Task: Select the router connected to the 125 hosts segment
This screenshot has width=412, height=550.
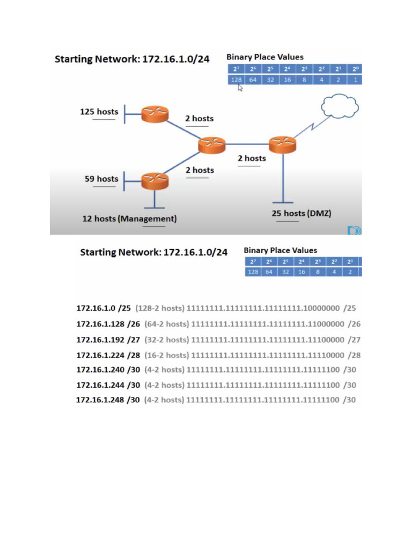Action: coord(155,114)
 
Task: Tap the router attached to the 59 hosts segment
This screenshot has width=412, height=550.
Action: coord(155,181)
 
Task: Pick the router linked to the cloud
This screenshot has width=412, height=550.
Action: coord(282,144)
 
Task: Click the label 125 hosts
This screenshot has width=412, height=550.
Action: coord(99,112)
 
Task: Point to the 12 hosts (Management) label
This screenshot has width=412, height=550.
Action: coord(129,219)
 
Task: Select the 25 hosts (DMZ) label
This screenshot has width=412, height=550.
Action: coord(301,213)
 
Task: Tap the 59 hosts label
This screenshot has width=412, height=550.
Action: coord(101,179)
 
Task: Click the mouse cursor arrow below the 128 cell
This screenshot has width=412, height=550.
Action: coord(240,88)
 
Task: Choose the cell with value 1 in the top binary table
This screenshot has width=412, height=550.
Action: coord(354,79)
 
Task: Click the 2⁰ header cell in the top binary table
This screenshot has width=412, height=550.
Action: coord(354,69)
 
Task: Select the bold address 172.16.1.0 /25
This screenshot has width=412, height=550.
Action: coord(104,308)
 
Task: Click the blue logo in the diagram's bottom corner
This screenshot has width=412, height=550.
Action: coord(355,230)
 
